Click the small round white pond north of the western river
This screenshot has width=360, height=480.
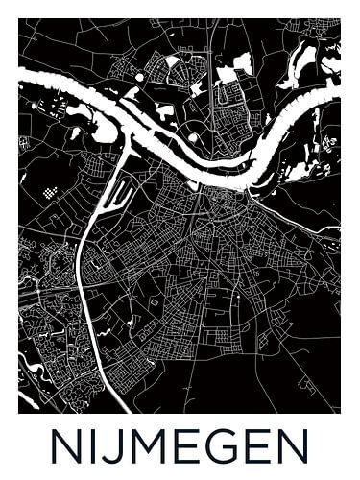pos(141,76)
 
